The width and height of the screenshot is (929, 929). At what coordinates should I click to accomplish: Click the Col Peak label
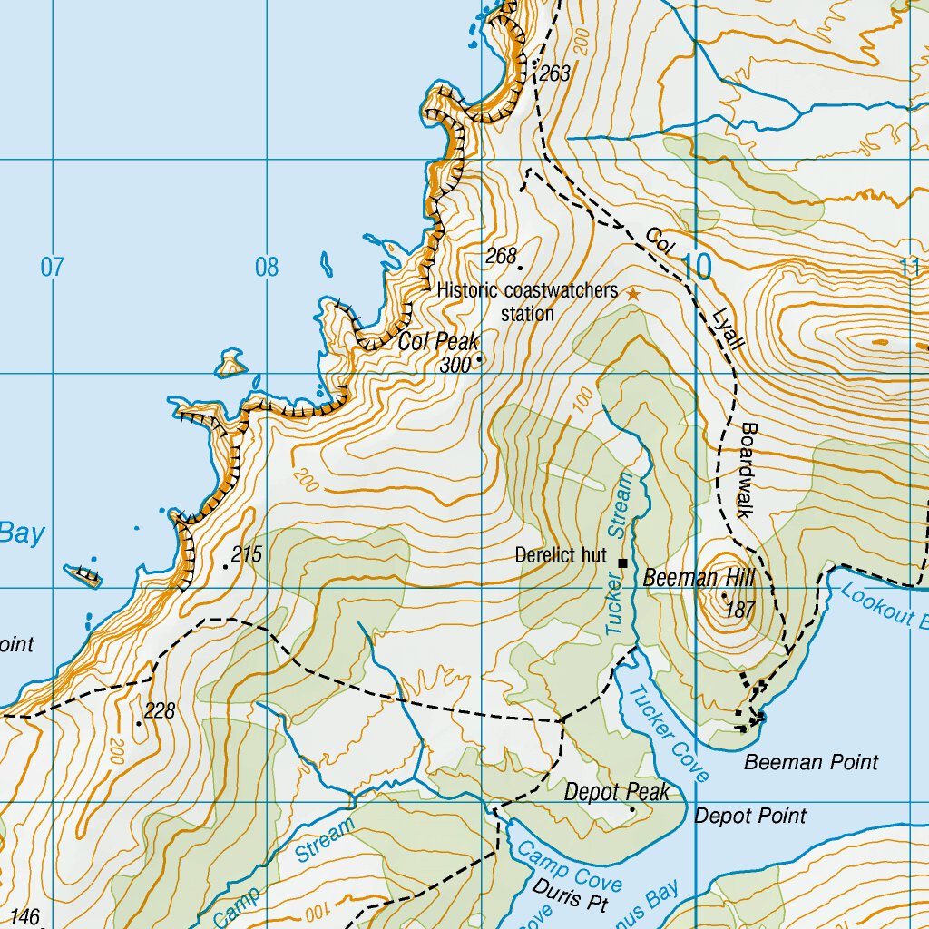click(438, 342)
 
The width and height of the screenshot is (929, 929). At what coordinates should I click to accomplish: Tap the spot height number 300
click(455, 365)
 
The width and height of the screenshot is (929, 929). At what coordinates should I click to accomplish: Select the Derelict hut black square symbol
click(622, 562)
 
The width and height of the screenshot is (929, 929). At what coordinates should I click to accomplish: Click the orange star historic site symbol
click(633, 295)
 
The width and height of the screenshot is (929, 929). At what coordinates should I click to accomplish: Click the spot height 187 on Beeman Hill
click(740, 611)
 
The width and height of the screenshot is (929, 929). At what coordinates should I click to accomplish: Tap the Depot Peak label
click(617, 792)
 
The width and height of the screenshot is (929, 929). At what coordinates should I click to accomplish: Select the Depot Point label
click(750, 816)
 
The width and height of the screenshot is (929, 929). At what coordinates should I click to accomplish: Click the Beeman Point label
click(811, 762)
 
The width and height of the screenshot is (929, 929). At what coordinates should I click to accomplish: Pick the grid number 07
click(53, 268)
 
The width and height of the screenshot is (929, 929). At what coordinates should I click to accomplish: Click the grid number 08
click(267, 268)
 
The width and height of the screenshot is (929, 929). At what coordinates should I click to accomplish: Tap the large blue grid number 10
click(697, 268)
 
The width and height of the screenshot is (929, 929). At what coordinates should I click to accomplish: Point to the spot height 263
click(553, 73)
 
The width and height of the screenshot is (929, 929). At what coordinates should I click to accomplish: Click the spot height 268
click(501, 257)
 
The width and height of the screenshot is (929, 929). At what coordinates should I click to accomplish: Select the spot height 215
click(246, 553)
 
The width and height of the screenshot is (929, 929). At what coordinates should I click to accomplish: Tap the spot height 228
click(160, 711)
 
